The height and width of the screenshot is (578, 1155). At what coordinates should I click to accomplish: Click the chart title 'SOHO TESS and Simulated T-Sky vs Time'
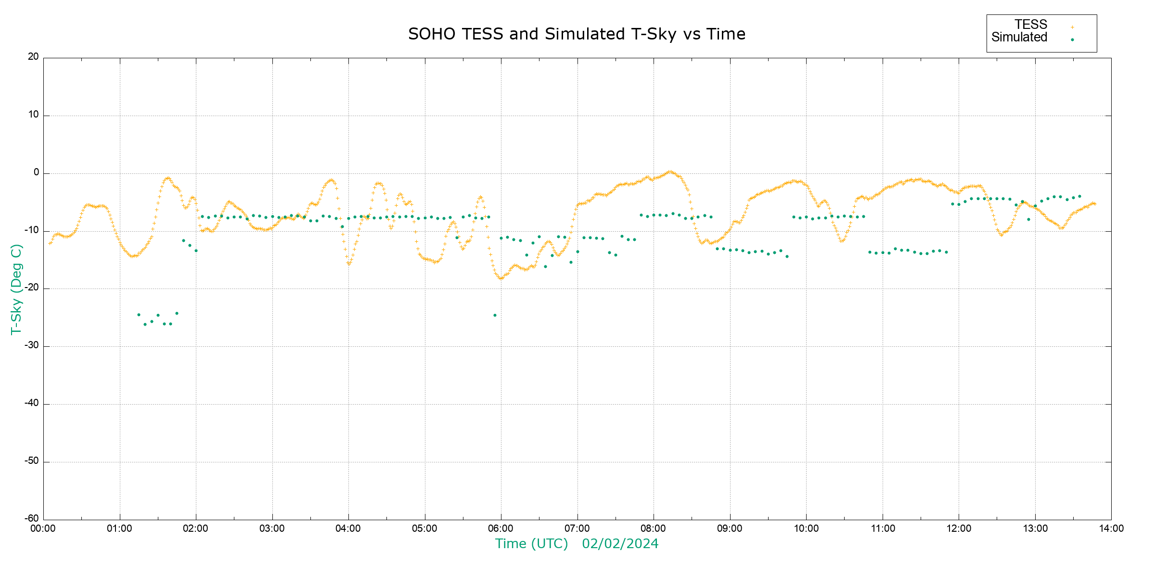[577, 34]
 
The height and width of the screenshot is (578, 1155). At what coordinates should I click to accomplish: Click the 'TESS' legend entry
[1031, 25]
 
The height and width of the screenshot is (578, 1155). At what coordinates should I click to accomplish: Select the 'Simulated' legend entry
[1019, 38]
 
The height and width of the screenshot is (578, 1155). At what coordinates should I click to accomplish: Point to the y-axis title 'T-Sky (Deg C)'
[16, 289]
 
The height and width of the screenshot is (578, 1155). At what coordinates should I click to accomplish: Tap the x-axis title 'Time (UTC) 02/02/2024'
[577, 544]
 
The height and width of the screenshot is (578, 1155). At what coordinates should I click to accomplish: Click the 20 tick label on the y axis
[33, 57]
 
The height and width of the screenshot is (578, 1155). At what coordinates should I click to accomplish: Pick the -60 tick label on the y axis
[32, 519]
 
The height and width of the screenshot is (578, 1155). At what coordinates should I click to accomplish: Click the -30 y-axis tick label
[32, 346]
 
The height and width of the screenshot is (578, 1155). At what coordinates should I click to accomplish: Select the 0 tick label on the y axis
[36, 172]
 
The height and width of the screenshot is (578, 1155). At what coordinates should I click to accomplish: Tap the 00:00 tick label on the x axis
[43, 528]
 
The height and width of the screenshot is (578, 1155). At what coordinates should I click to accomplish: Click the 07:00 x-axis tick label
[577, 528]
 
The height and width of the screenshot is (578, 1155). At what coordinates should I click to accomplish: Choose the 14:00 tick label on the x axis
[1111, 528]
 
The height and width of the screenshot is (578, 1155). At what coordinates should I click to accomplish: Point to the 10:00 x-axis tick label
[806, 528]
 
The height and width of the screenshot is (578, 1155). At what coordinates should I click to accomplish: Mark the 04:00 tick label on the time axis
[348, 528]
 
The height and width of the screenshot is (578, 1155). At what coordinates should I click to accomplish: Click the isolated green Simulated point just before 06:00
[495, 315]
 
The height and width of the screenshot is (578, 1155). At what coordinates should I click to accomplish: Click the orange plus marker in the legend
[1072, 27]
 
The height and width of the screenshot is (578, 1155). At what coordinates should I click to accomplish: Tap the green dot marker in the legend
[1072, 39]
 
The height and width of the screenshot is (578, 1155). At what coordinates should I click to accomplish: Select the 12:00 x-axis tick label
[959, 528]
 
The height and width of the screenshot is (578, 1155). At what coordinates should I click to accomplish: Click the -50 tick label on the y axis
[32, 461]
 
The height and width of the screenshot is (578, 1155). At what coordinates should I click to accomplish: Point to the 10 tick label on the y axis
[33, 115]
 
